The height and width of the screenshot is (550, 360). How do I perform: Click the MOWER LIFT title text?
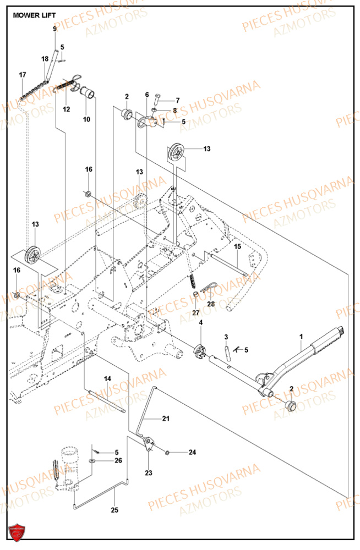pyautogui.click(x=34, y=15)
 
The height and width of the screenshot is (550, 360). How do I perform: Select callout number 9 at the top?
pyautogui.click(x=54, y=28)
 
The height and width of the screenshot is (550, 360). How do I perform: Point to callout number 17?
pyautogui.click(x=23, y=75)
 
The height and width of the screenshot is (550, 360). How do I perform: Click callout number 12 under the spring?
pyautogui.click(x=66, y=109)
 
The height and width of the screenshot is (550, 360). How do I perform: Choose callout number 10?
pyautogui.click(x=86, y=119)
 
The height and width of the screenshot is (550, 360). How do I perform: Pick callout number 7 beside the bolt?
pyautogui.click(x=177, y=100)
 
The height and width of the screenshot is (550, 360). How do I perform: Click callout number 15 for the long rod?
pyautogui.click(x=238, y=248)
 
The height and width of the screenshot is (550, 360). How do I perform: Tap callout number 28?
pyautogui.click(x=211, y=304)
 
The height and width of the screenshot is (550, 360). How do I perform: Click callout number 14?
pyautogui.click(x=107, y=378)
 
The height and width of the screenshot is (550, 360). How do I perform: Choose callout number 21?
pyautogui.click(x=166, y=419)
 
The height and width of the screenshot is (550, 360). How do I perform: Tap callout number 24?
pyautogui.click(x=192, y=453)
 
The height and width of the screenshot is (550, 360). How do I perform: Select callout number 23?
pyautogui.click(x=149, y=472)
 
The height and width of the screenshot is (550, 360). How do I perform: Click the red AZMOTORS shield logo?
pyautogui.click(x=16, y=532)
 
